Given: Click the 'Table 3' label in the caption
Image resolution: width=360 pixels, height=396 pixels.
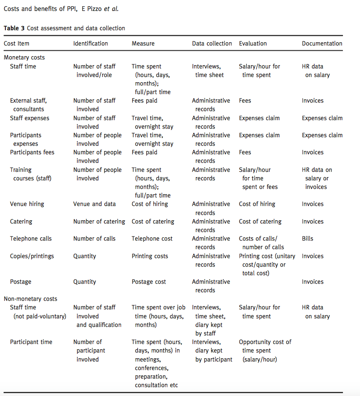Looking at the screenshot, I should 14,28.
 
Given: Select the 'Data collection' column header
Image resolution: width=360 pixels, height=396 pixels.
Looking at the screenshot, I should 212,44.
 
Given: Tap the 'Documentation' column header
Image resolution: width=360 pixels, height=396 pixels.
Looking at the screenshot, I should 322,44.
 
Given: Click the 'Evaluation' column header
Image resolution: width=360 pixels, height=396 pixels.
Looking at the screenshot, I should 253,44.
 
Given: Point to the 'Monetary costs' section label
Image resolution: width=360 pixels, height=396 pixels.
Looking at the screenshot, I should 24,58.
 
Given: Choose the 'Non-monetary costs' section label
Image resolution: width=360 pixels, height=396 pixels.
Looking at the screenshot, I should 31,299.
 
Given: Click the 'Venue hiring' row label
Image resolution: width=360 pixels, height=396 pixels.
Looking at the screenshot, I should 27,204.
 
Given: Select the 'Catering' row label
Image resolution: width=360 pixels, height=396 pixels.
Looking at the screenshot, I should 21,222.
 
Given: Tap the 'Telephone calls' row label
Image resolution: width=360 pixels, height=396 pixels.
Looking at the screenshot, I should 31,239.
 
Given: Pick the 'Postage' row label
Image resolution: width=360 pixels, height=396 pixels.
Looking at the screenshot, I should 21,282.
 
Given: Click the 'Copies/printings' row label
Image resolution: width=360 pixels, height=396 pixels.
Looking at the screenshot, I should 32,256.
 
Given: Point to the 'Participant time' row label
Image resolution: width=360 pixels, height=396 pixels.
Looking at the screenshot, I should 31,342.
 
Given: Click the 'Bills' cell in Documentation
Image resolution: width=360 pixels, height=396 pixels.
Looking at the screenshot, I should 307,239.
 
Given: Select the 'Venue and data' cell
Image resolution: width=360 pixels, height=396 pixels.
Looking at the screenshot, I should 94,204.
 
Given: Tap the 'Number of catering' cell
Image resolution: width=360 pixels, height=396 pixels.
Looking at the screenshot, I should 99,222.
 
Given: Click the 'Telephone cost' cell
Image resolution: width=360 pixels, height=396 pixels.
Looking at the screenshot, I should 152,239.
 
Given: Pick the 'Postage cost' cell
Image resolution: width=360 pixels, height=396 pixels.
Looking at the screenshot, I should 149,282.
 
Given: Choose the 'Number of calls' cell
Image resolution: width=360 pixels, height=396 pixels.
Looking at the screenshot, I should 94,239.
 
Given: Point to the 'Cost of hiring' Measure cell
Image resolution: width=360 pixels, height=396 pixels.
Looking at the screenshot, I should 150,204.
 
